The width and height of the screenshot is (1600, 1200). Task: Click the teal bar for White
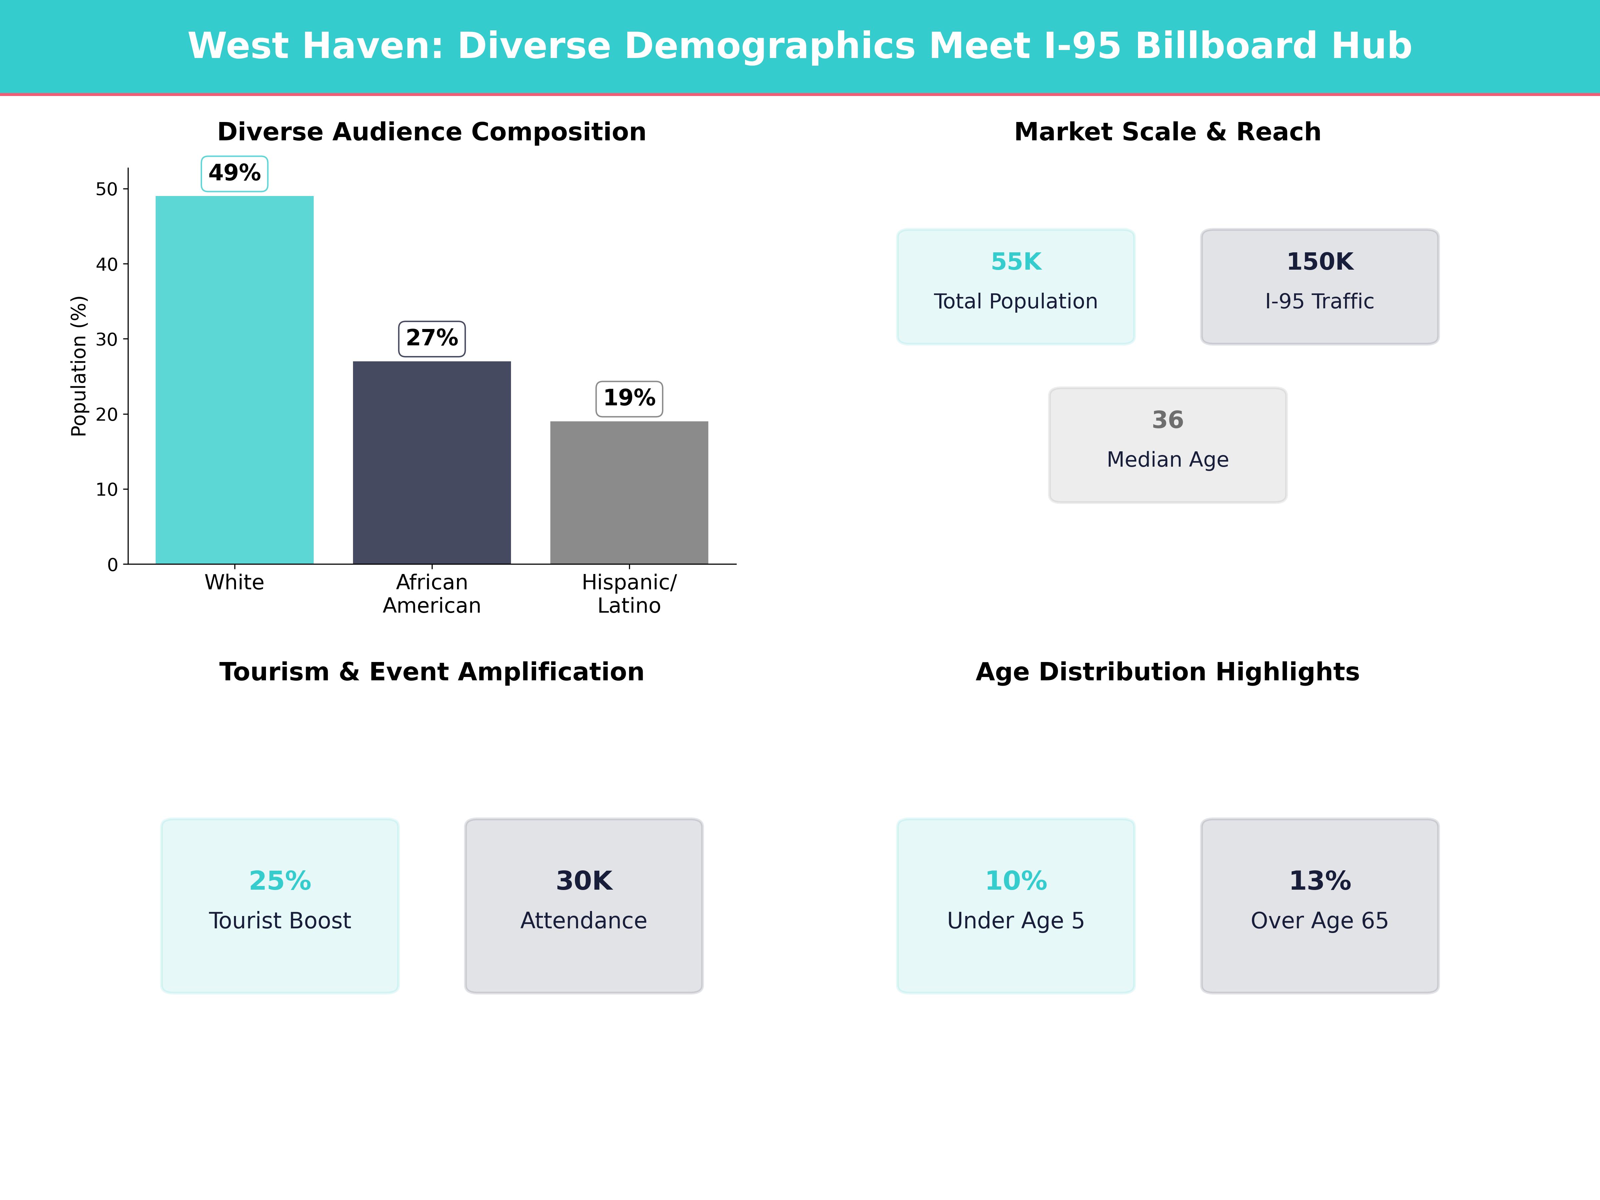tap(234, 380)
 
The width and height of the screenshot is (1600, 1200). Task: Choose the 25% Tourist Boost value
tap(280, 881)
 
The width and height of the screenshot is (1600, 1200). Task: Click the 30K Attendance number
tap(584, 881)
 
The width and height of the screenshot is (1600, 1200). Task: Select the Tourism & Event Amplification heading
tap(432, 672)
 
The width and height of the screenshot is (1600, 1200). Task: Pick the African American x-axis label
tap(432, 594)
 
